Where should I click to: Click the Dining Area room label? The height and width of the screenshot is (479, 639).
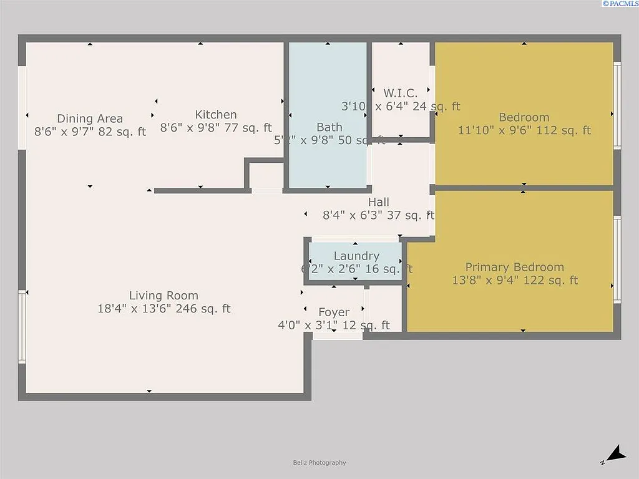pyautogui.click(x=90, y=119)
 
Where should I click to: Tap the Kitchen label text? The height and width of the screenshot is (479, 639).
pyautogui.click(x=216, y=115)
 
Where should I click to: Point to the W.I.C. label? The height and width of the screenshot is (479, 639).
pyautogui.click(x=400, y=94)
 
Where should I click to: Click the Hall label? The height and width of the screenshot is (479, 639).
pyautogui.click(x=378, y=202)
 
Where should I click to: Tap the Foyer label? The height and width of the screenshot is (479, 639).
pyautogui.click(x=334, y=312)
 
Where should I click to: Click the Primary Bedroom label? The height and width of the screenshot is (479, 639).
pyautogui.click(x=514, y=267)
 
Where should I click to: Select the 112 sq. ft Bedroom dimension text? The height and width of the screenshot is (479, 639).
pyautogui.click(x=524, y=130)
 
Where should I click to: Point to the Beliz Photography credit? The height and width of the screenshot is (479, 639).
pyautogui.click(x=319, y=463)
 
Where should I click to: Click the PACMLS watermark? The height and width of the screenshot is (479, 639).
pyautogui.click(x=619, y=4)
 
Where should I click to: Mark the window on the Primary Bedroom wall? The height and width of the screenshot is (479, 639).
pyautogui.click(x=617, y=259)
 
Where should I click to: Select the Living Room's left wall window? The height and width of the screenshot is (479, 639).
pyautogui.click(x=22, y=327)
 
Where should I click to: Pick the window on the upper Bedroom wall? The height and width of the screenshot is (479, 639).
pyautogui.click(x=617, y=105)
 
